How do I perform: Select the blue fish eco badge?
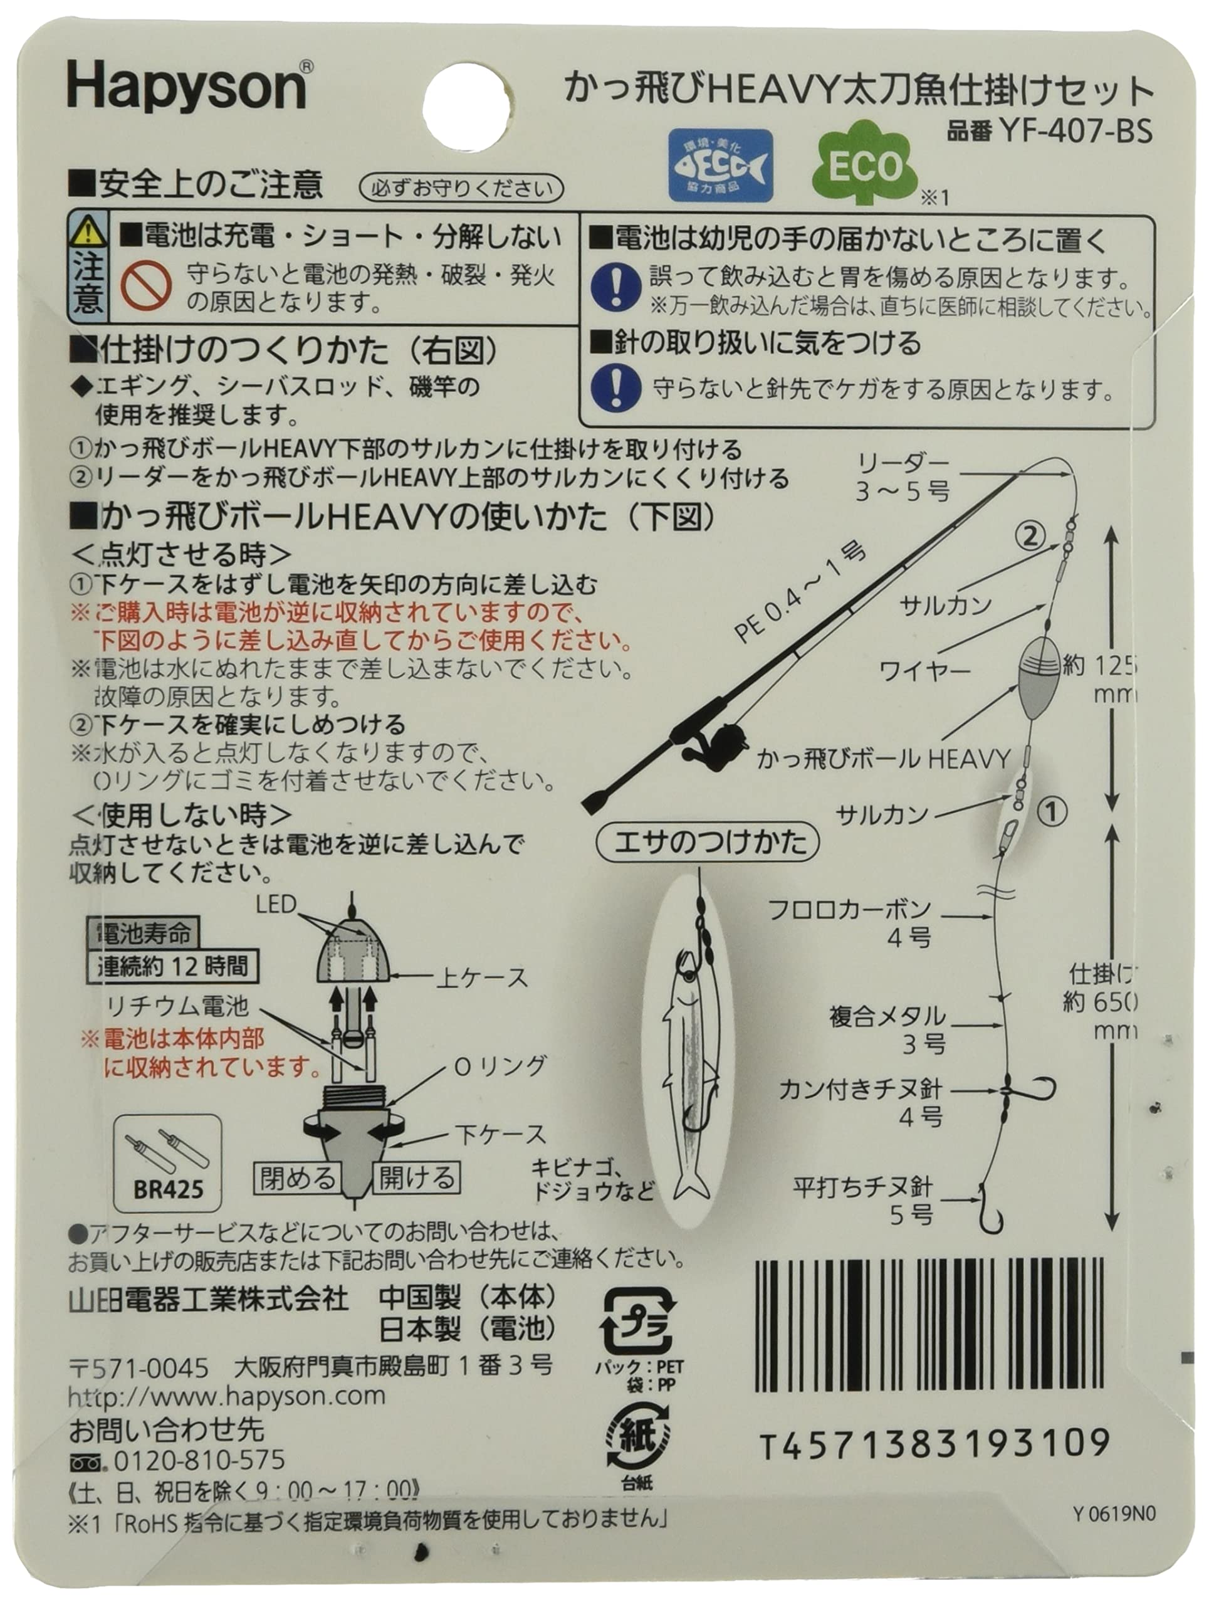tap(720, 165)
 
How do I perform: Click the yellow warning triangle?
tap(87, 233)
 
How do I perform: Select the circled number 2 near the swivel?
tap(1029, 537)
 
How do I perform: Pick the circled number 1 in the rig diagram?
tap(1052, 811)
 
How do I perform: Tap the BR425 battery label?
tap(168, 1189)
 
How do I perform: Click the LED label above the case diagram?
tap(276, 904)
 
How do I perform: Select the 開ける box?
tap(416, 1177)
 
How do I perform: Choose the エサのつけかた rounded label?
tap(708, 841)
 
